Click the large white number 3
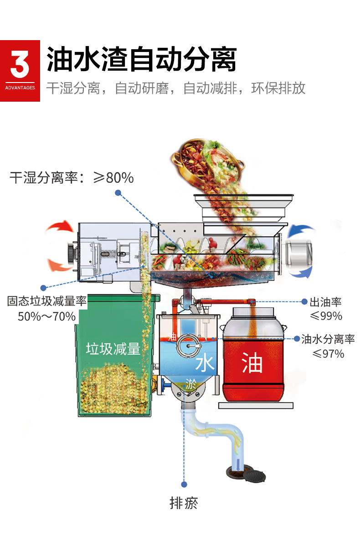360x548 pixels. coord(20,64)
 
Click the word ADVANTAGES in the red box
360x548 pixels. coord(20,88)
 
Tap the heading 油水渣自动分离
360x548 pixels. coord(141,59)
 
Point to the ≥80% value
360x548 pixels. coord(113,178)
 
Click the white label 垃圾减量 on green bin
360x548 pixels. coord(113,349)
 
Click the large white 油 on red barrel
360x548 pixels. coord(252,362)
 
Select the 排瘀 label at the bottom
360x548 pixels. coord(184,503)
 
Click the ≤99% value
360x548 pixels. coord(326,316)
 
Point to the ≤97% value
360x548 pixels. coord(328,354)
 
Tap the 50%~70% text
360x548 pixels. coord(46,316)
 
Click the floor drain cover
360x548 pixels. coord(254,476)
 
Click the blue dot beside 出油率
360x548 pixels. coord(304,302)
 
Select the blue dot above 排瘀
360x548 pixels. coord(184,484)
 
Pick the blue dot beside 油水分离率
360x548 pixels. coord(297,339)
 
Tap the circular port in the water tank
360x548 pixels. coord(189,346)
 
